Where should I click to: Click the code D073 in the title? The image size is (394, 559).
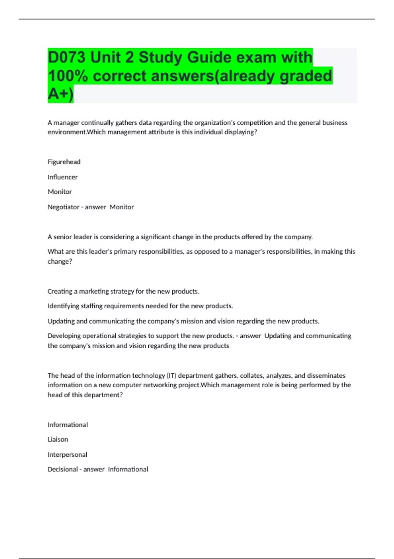tap(67, 57)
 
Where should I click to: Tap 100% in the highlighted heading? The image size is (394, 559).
tap(68, 76)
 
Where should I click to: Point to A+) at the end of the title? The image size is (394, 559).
tap(60, 94)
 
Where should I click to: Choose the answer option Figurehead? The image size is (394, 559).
tap(64, 162)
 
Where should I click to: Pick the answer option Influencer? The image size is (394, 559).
tap(62, 177)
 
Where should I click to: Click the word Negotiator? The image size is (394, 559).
tap(63, 207)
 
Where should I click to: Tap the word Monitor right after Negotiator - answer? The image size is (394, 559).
tap(121, 207)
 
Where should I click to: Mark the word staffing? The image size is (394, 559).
tap(92, 306)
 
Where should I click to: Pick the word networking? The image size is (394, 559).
tap(160, 385)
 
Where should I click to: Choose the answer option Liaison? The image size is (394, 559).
tap(58, 439)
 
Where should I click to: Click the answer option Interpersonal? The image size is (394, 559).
tap(67, 454)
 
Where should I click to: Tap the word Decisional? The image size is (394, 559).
tap(63, 469)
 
